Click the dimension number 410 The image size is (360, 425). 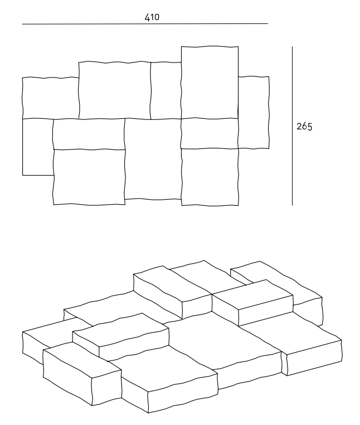click(x=152, y=17)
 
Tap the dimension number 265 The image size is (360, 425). click(x=304, y=127)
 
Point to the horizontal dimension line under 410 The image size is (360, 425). click(x=145, y=24)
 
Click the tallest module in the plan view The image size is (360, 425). click(x=210, y=82)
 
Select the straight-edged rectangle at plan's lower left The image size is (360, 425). click(x=37, y=147)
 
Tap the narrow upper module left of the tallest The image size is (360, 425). click(x=166, y=90)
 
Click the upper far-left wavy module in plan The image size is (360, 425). click(x=50, y=98)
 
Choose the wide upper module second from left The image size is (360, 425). click(x=115, y=90)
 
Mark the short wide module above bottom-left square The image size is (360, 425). click(x=89, y=134)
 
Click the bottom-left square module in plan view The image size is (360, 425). click(x=89, y=177)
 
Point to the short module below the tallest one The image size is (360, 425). click(x=210, y=133)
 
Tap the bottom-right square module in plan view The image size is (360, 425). click(x=210, y=176)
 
